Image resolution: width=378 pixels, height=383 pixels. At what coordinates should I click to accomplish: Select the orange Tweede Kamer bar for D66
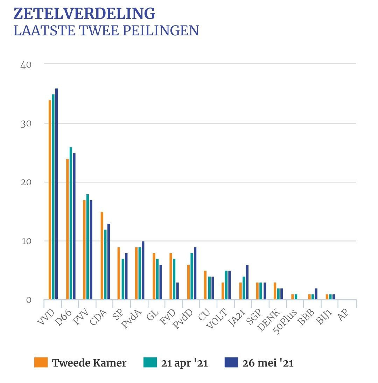coord(68,229)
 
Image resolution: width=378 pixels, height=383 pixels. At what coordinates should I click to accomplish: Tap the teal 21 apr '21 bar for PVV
coord(88,247)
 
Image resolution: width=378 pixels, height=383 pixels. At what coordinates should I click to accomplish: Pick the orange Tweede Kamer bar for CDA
coord(102,256)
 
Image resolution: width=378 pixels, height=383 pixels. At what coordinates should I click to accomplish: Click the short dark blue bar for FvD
coord(177,291)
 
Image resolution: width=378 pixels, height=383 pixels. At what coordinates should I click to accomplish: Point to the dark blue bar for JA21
coord(247,282)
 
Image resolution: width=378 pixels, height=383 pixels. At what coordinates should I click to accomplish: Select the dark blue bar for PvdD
coord(195,273)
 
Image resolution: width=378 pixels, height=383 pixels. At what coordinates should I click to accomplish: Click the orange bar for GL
coord(154,276)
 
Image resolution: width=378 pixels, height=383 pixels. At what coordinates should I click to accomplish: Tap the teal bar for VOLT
coord(226,285)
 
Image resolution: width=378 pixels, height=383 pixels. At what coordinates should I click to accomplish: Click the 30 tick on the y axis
coord(26,124)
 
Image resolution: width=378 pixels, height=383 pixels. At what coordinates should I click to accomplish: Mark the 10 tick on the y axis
coord(26,241)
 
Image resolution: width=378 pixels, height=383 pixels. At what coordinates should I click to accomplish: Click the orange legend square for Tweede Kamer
coord(41,362)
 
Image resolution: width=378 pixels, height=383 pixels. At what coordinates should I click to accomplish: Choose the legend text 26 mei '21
coord(268,363)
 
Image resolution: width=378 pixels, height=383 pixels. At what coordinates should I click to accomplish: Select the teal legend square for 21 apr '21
coord(150,362)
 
